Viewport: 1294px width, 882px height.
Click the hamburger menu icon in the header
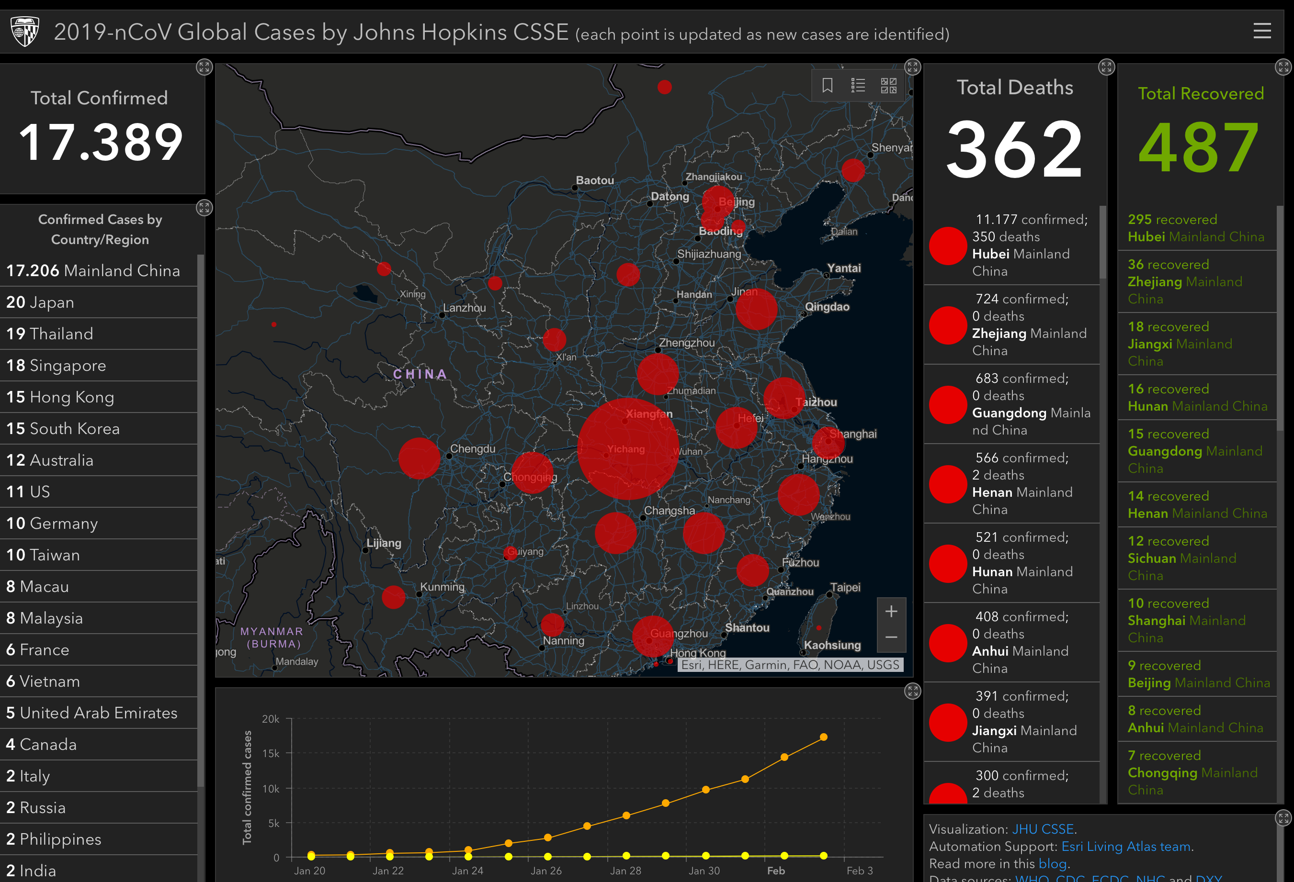pyautogui.click(x=1262, y=31)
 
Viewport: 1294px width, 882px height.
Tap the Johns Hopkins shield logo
pyautogui.click(x=24, y=31)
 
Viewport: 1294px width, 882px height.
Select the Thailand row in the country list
pyautogui.click(x=50, y=334)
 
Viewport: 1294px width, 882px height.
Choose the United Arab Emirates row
pyautogui.click(x=92, y=713)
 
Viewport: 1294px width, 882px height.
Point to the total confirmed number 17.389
pyautogui.click(x=101, y=143)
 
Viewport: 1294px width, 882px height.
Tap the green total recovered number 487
pyautogui.click(x=1199, y=148)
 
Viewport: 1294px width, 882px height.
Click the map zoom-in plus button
pyautogui.click(x=891, y=611)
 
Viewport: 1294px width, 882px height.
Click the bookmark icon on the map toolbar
pyautogui.click(x=828, y=85)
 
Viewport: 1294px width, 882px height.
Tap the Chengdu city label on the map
pyautogui.click(x=472, y=448)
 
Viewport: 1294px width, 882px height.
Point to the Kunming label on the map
pyautogui.click(x=442, y=587)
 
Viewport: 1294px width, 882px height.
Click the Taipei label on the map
pyautogui.click(x=845, y=587)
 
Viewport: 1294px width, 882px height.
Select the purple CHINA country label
pyautogui.click(x=420, y=374)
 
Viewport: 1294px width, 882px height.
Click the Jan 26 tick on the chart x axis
pyautogui.click(x=545, y=871)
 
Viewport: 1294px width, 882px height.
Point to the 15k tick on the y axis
pyautogui.click(x=271, y=753)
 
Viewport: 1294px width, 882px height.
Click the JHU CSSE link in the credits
pyautogui.click(x=1042, y=829)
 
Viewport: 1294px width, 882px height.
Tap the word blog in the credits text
pyautogui.click(x=1052, y=864)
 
